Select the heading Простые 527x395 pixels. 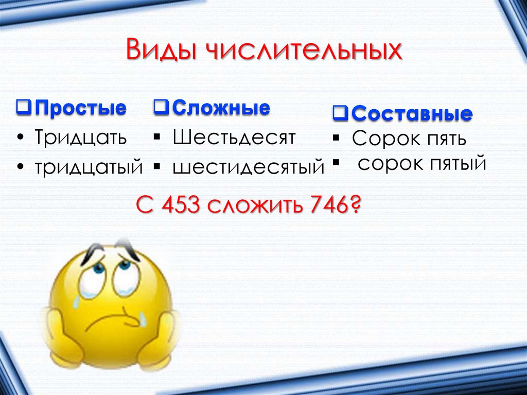pos(81,109)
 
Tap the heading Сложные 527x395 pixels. pos(221,108)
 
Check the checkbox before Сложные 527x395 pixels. pos(161,108)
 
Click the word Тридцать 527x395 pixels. pos(80,138)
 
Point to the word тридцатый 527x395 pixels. pos(89,166)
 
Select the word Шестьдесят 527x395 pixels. pos(234,138)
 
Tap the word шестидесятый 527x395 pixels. pos(249,167)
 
